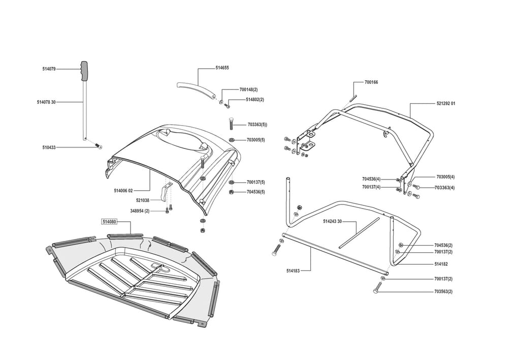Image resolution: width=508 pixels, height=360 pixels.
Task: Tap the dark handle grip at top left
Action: click(x=85, y=70)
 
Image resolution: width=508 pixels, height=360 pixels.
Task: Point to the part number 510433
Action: click(x=49, y=147)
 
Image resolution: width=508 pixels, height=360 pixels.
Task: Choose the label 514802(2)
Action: click(x=255, y=100)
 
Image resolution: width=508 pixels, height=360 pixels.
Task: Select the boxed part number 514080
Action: click(x=109, y=222)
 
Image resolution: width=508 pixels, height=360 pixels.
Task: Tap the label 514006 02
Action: click(x=123, y=191)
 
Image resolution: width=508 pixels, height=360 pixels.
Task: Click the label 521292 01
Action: click(x=446, y=104)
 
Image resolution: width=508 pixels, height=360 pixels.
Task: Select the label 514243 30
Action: click(x=333, y=222)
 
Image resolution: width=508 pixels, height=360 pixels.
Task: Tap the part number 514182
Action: click(x=441, y=264)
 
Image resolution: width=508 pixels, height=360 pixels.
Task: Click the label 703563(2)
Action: click(x=443, y=291)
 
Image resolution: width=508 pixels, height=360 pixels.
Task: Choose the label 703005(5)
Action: click(x=256, y=140)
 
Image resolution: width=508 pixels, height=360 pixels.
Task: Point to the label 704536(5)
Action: click(x=256, y=192)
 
